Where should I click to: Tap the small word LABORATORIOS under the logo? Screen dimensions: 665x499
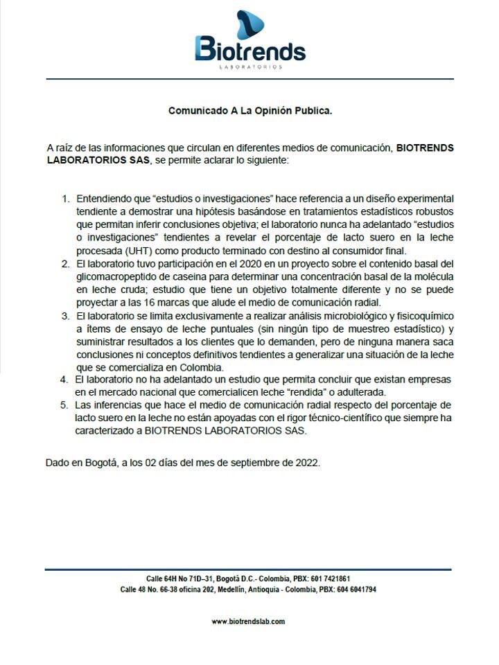(x=249, y=67)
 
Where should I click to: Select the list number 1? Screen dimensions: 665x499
(x=66, y=199)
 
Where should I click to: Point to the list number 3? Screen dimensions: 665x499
(x=66, y=315)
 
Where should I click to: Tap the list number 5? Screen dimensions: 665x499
(x=66, y=405)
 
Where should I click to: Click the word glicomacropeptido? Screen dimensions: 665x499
(x=119, y=277)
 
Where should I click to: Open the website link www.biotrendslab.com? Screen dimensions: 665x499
(x=249, y=622)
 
